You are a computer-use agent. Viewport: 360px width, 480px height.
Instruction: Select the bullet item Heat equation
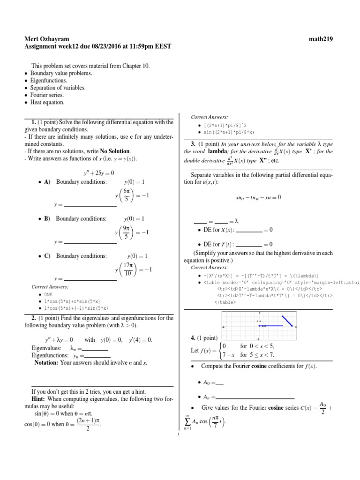tap(47, 102)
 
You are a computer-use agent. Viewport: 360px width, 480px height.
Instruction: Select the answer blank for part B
tap(90, 242)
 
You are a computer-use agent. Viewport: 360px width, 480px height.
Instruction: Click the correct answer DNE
tap(48, 294)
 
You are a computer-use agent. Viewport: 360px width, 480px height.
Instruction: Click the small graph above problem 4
tap(258, 325)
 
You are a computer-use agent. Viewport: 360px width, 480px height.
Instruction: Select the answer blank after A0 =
tap(219, 384)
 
